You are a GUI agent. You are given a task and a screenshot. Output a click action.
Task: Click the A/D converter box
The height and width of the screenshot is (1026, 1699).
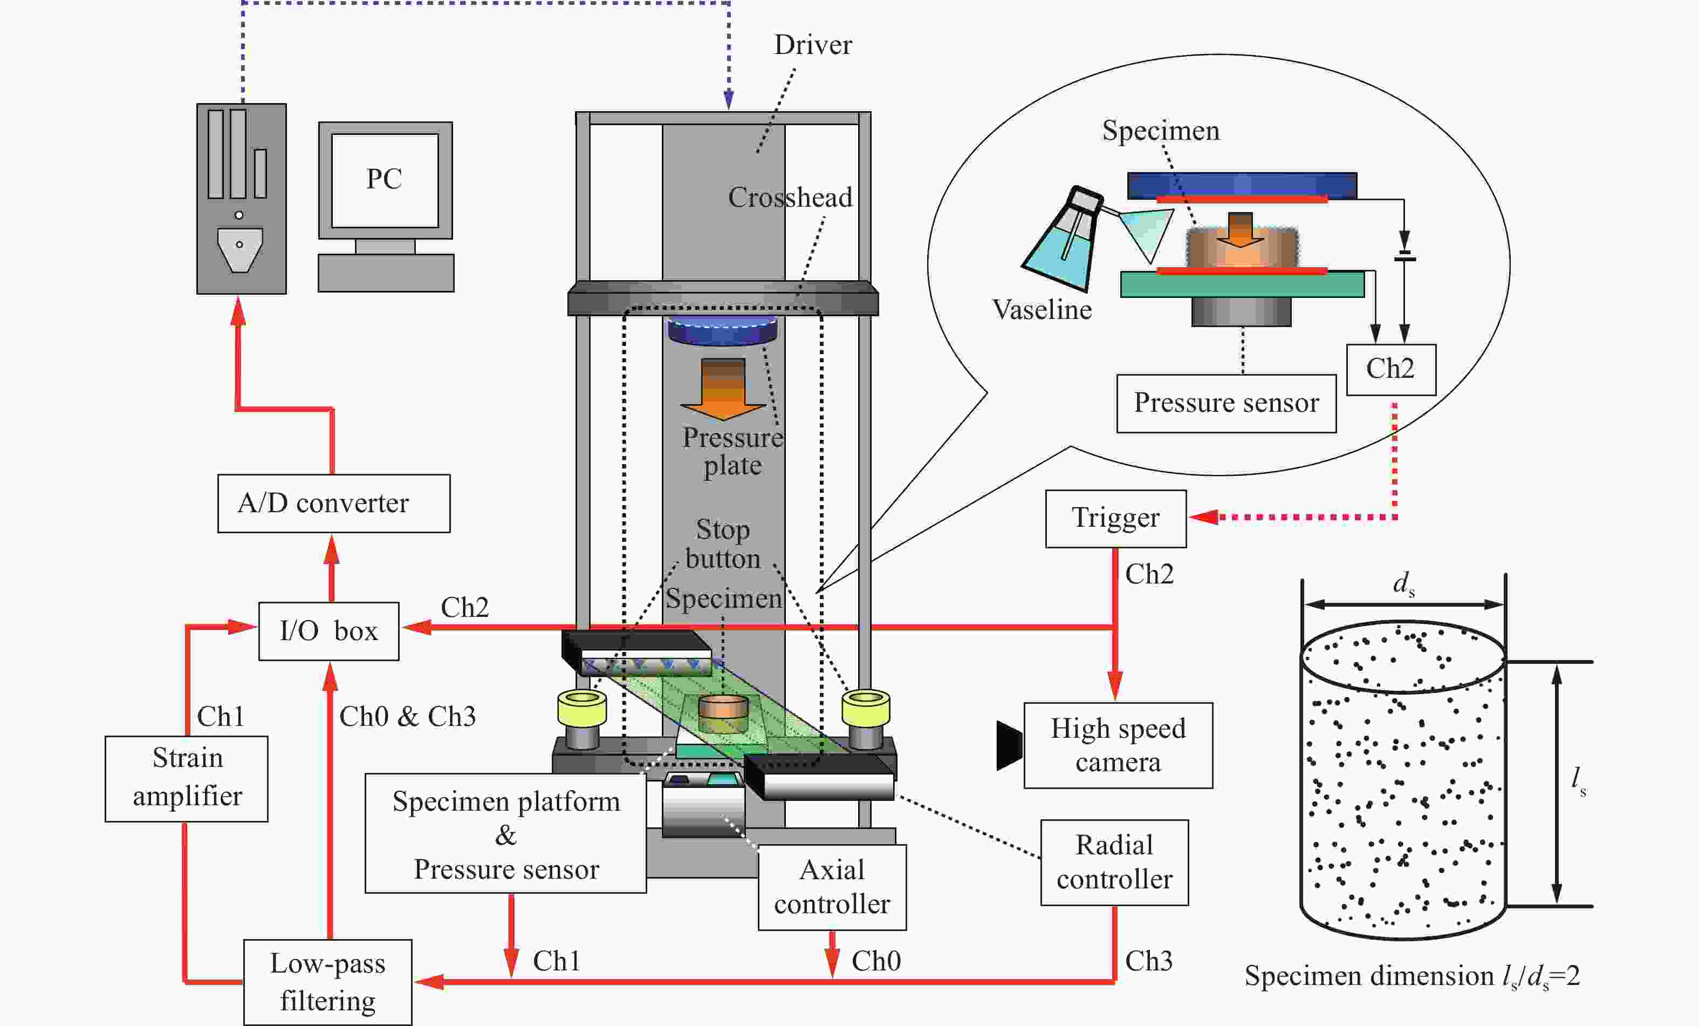(x=334, y=503)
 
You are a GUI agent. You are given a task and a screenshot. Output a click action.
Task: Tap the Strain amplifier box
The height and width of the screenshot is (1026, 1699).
(x=186, y=778)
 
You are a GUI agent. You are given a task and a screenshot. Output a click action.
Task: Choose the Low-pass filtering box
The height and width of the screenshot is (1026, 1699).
(x=327, y=982)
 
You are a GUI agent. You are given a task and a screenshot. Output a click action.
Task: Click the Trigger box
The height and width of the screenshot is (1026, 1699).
(x=1115, y=519)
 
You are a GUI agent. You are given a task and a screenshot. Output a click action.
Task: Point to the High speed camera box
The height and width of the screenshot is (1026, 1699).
(x=1118, y=745)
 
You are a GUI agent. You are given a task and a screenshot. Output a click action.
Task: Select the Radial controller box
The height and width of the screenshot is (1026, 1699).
(x=1114, y=862)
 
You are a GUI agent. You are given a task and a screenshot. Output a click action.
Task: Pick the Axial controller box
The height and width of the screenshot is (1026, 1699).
(x=832, y=887)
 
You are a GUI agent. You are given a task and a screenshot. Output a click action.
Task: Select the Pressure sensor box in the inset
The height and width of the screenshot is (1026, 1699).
(x=1226, y=404)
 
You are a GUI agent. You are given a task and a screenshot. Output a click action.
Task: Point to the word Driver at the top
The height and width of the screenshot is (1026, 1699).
(x=813, y=45)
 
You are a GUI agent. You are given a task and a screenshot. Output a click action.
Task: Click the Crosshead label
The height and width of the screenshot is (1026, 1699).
(x=790, y=198)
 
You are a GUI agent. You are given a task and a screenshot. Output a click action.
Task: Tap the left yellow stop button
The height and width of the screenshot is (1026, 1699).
(x=582, y=709)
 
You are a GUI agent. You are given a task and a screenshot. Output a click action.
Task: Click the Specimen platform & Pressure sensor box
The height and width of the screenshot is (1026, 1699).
(x=505, y=833)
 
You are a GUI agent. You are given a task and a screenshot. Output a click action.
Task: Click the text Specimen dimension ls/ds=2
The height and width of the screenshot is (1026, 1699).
(x=1412, y=976)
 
